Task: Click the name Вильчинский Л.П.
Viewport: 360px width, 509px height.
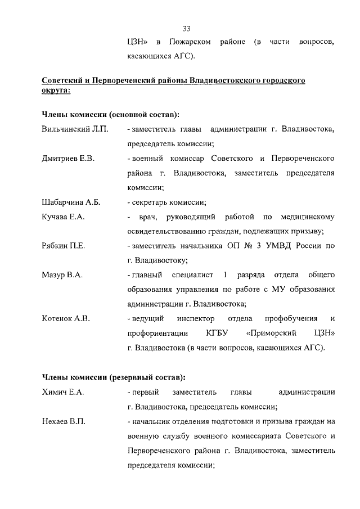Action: point(75,129)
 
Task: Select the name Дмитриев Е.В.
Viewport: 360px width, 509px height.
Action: point(68,159)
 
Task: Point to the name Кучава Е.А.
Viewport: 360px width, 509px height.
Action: point(64,217)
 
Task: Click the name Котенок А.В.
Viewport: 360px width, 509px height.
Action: point(66,319)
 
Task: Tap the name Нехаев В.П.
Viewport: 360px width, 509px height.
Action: point(64,421)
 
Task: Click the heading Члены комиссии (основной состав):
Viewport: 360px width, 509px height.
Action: point(111,115)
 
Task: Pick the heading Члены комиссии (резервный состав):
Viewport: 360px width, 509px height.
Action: point(114,377)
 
